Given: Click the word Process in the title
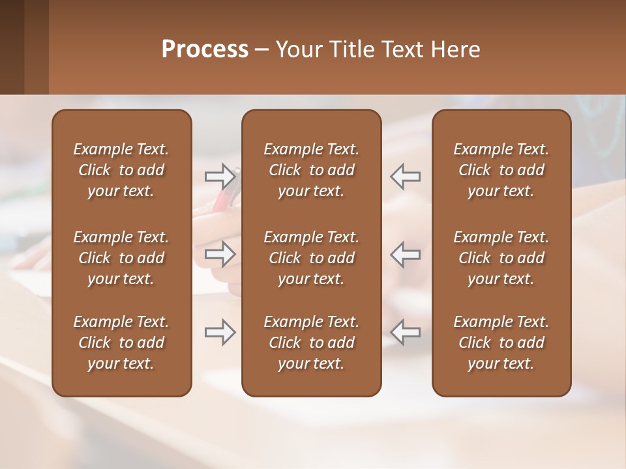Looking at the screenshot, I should (x=205, y=50).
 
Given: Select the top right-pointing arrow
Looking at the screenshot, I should (x=220, y=176).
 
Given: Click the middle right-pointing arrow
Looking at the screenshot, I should (x=220, y=254).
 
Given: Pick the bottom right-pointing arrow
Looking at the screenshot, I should (x=220, y=332).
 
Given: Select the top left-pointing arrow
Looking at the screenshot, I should (x=406, y=176).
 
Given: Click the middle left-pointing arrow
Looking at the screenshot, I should (x=406, y=254).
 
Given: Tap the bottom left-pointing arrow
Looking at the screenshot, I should (x=406, y=332).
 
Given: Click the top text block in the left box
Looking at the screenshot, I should (x=121, y=170).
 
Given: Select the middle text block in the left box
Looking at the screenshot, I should (x=121, y=258).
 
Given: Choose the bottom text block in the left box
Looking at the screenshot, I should (x=121, y=343).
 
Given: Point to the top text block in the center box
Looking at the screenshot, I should (x=311, y=170).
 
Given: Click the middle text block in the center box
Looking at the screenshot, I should (x=311, y=258).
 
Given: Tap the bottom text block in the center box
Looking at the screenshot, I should (x=311, y=343).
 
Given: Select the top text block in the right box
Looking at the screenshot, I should (x=501, y=170).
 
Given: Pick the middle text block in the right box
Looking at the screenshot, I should (x=501, y=258).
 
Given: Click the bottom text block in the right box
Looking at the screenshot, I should (x=501, y=343).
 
